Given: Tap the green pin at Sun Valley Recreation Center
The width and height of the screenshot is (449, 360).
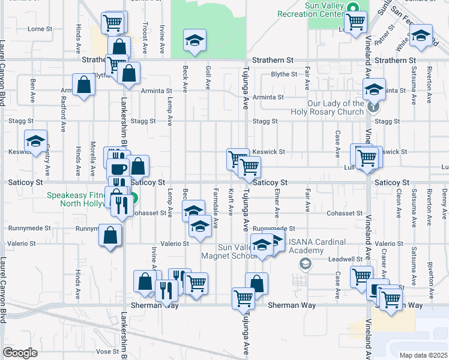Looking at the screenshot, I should pyautogui.click(x=354, y=8).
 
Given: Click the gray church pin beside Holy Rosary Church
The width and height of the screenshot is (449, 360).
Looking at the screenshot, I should pyautogui.click(x=373, y=107).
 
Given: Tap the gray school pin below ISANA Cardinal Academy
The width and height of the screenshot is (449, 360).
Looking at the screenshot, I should pyautogui.click(x=305, y=264).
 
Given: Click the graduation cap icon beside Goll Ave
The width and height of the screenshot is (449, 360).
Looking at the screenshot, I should pyautogui.click(x=194, y=40).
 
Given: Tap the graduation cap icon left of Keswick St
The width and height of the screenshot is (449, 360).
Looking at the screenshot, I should pyautogui.click(x=36, y=141).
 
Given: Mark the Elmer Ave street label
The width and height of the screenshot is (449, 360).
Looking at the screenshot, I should pyautogui.click(x=277, y=204).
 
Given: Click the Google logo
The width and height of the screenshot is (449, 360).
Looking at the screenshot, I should pyautogui.click(x=20, y=353).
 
